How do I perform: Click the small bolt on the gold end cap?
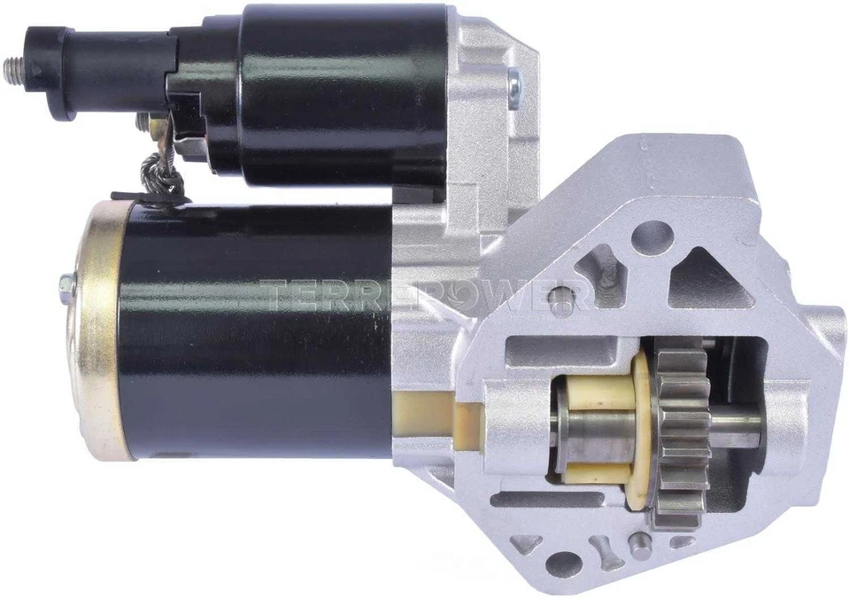(66, 285)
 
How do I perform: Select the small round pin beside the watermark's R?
(557, 300)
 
